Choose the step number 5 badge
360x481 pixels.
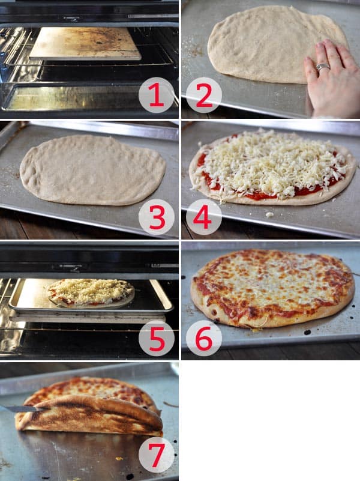click(157, 338)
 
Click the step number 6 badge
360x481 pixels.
click(204, 338)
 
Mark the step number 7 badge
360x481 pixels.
click(157, 454)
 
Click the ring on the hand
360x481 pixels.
click(323, 67)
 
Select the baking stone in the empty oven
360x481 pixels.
click(85, 43)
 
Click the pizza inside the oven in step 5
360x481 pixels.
click(90, 292)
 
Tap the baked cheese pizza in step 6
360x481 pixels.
click(273, 285)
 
